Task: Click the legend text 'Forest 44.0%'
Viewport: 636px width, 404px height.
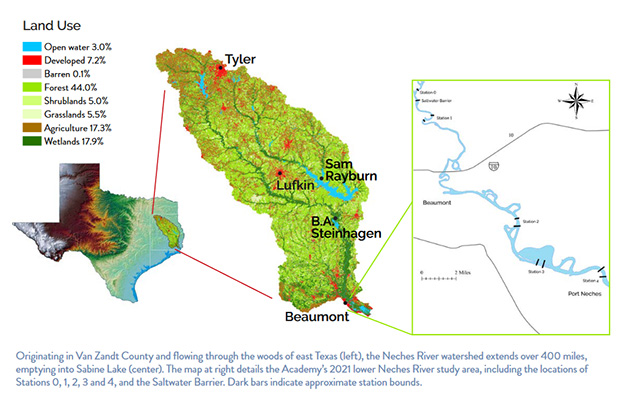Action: click(x=75, y=88)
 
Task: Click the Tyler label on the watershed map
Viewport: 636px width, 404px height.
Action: click(x=241, y=60)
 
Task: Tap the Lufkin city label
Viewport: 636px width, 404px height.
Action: click(x=295, y=185)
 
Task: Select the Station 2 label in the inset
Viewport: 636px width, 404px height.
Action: click(x=530, y=220)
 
